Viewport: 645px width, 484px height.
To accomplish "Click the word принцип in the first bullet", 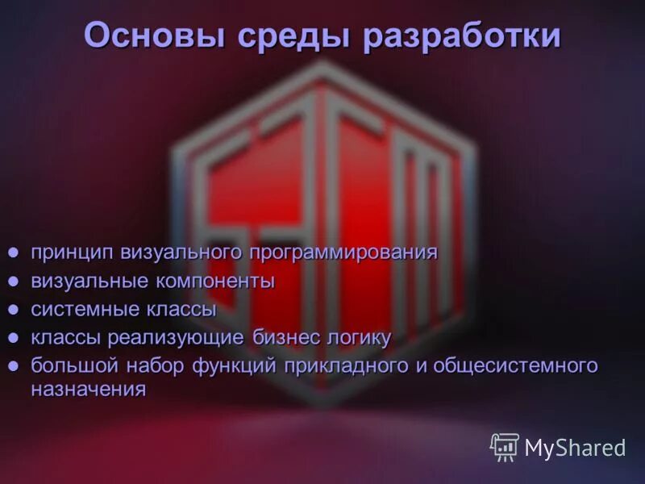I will click(73, 252).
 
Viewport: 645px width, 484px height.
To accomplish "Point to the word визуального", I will click(181, 252).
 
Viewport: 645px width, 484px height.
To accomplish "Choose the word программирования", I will click(343, 252).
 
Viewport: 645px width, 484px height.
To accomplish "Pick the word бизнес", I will click(289, 337).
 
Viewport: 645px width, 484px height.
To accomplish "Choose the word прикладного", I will click(346, 365).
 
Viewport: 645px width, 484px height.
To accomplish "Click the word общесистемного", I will click(516, 365).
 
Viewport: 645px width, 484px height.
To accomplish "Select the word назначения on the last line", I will click(89, 390).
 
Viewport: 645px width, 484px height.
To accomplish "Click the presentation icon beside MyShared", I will click(505, 447).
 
